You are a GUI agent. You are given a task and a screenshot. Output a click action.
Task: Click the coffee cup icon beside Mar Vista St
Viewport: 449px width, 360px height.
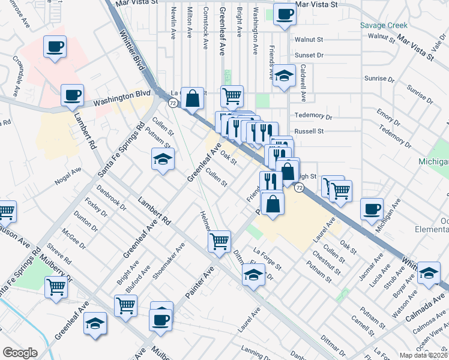click(285, 14)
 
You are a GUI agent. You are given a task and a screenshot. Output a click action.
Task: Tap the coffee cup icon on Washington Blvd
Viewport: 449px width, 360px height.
click(72, 95)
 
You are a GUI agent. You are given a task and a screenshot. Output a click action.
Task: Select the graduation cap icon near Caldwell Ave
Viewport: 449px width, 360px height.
click(285, 76)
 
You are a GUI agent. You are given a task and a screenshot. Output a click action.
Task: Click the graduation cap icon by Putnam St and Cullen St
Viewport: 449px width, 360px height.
click(162, 159)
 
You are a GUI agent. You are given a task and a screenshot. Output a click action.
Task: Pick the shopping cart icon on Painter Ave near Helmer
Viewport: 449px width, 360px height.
click(219, 241)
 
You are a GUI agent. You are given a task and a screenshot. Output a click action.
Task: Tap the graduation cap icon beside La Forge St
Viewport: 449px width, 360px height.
click(253, 275)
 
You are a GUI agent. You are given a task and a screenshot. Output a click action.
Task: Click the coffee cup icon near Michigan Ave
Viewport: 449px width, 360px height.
click(372, 208)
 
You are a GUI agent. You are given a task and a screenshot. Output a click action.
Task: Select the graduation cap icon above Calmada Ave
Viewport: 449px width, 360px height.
click(429, 272)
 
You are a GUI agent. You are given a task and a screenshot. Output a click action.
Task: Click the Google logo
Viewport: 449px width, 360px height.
click(20, 353)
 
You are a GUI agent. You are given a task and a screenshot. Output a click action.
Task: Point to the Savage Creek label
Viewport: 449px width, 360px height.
click(384, 25)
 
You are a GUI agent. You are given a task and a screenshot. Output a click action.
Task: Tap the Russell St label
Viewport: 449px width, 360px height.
click(309, 131)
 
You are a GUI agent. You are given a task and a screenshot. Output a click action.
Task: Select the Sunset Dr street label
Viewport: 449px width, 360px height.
click(309, 55)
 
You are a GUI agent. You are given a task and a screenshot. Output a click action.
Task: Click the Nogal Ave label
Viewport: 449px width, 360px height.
click(68, 173)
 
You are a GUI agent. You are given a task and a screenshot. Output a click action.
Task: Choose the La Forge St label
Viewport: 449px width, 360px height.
click(267, 256)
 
